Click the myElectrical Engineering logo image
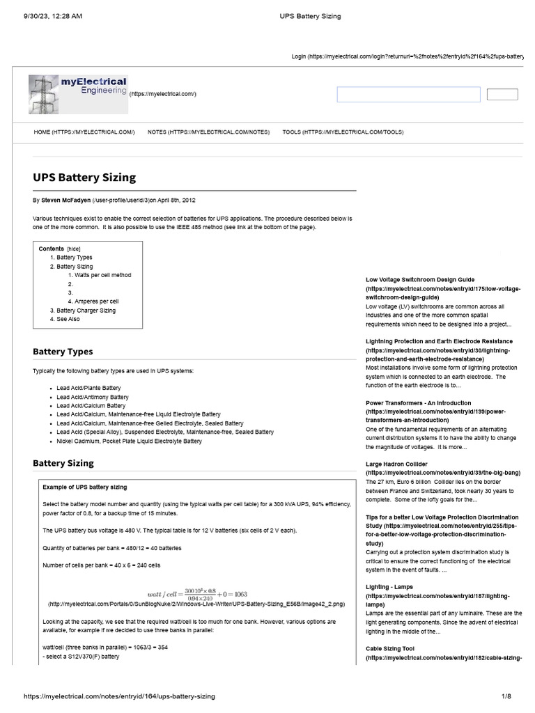(78, 94)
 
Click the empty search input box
(408, 95)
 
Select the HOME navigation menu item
(84, 132)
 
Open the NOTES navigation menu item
(208, 132)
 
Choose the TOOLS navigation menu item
(342, 132)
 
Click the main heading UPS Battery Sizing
(84, 178)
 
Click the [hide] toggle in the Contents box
(73, 249)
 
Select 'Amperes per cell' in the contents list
(97, 301)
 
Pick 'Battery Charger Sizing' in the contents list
(86, 311)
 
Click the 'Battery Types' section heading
(63, 352)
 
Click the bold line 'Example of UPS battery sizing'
(85, 487)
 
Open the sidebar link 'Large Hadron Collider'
(396, 464)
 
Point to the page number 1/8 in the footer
(506, 696)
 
